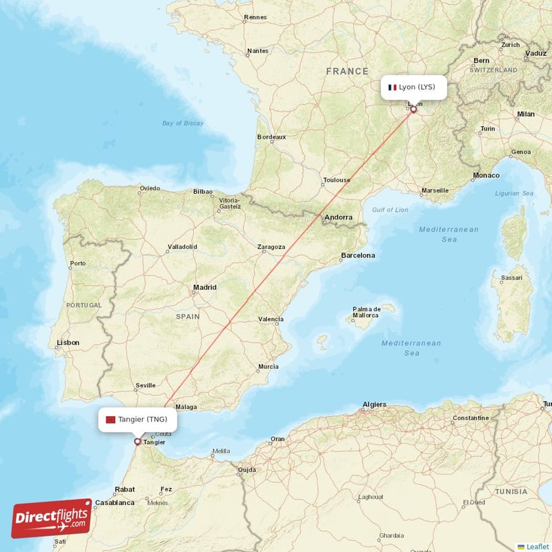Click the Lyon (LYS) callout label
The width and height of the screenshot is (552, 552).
[x=415, y=88]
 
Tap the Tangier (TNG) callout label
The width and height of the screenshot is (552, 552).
[x=137, y=420]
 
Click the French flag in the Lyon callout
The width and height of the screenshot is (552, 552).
[x=392, y=88]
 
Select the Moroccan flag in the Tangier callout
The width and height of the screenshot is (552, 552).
[x=110, y=420]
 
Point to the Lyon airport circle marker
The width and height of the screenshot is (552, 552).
[x=413, y=109]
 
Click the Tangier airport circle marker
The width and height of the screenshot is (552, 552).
[x=137, y=442]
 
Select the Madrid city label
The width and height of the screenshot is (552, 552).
[x=204, y=287]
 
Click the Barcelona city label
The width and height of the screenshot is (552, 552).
[x=358, y=255]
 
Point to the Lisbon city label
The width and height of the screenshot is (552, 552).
[x=68, y=342]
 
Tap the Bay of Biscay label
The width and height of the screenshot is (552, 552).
[x=183, y=123]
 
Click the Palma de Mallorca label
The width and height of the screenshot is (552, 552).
[x=366, y=312]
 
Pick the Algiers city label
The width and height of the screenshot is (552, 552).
[x=375, y=404]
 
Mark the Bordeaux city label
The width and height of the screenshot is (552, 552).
[x=271, y=137]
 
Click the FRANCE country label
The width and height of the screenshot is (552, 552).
[x=348, y=71]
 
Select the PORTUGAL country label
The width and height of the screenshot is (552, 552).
[x=83, y=305]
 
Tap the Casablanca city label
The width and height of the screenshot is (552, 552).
[x=115, y=502]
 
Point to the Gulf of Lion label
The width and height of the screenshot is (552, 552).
[x=390, y=210]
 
